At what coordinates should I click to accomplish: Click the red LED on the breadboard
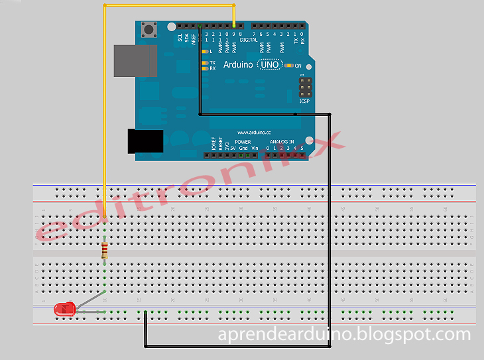pos(65,308)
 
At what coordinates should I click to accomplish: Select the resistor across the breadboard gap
pos(105,251)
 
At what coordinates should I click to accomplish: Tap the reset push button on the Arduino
pos(149,29)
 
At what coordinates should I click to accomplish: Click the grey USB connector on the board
pos(135,60)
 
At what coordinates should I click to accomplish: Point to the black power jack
pos(145,141)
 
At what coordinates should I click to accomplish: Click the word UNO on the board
pos(269,65)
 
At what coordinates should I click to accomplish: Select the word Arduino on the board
pos(238,65)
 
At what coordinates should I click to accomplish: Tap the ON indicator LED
pos(290,66)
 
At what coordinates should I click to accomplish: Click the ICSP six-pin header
pos(305,87)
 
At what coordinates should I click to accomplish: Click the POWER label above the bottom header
pos(243,141)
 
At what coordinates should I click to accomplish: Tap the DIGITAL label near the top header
pos(249,40)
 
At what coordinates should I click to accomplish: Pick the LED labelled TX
pos(205,62)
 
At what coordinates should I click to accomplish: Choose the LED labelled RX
pos(205,68)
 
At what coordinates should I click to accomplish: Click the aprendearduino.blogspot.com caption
pos(344,335)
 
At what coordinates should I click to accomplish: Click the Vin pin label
pos(254,147)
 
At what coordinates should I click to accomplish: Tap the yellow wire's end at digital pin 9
pos(234,26)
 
